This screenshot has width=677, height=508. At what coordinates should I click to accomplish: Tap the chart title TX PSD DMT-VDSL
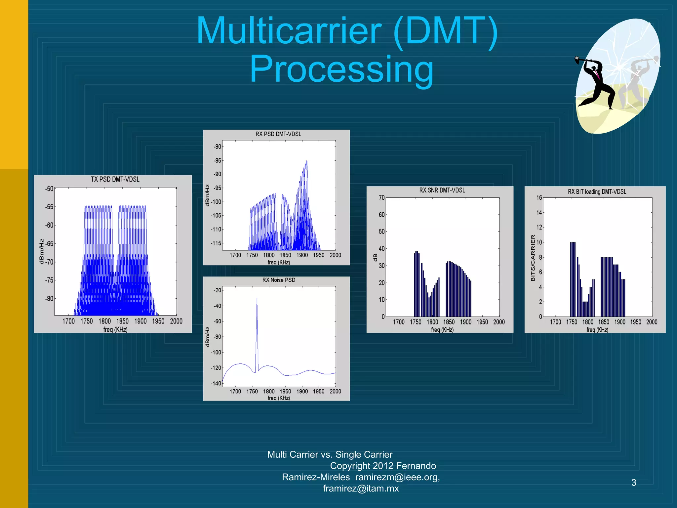click(115, 179)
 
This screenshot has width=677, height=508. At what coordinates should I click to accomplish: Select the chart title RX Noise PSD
click(279, 280)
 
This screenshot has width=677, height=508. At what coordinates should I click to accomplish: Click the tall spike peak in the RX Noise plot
click(257, 299)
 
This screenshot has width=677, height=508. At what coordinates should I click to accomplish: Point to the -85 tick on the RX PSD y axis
click(217, 160)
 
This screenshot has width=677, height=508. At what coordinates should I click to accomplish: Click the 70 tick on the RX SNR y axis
click(381, 197)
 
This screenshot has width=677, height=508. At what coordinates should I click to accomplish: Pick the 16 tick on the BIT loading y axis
click(539, 197)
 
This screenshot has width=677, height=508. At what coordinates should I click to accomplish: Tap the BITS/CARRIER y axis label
click(533, 258)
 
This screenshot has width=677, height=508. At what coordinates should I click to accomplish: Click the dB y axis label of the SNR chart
click(375, 257)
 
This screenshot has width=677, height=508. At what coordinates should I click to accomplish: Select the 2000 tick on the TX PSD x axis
click(176, 321)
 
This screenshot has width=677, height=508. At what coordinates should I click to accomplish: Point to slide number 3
click(633, 483)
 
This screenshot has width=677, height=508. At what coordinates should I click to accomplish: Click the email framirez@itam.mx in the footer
click(361, 488)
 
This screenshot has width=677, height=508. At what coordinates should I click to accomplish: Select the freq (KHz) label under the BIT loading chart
click(597, 330)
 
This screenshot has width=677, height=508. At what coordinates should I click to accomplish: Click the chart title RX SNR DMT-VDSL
click(442, 190)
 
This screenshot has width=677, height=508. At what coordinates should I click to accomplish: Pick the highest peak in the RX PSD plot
click(306, 161)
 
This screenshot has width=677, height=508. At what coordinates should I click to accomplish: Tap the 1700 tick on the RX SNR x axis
click(399, 322)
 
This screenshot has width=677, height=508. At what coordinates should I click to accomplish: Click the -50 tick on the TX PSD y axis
click(49, 189)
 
